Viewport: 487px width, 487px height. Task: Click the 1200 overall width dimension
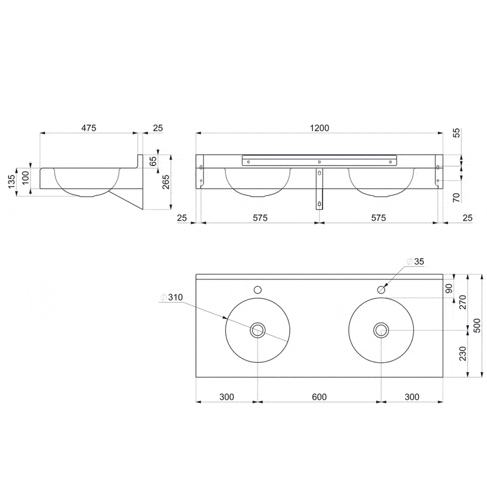tap(319, 128)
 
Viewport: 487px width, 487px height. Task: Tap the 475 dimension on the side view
tap(89, 128)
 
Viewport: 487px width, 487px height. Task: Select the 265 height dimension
tap(166, 182)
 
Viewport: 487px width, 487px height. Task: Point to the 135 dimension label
tap(11, 181)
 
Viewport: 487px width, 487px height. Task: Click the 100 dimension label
tap(26, 178)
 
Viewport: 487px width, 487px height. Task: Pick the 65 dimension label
tap(153, 161)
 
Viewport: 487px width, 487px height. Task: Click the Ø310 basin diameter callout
tap(172, 297)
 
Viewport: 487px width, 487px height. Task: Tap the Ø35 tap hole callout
tap(415, 262)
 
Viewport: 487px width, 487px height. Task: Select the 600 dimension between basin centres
tap(319, 397)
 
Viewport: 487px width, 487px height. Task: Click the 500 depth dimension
tap(478, 326)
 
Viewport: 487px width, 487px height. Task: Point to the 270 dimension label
tap(463, 302)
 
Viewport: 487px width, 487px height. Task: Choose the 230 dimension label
tap(463, 354)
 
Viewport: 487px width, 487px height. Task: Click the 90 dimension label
tap(449, 289)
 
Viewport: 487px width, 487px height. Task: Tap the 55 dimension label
tap(457, 133)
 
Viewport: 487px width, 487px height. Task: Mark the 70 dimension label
tap(457, 197)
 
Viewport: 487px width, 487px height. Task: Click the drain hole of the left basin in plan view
tap(258, 330)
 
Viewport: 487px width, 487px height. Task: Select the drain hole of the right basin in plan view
tap(381, 330)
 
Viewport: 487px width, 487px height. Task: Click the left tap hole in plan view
tap(258, 290)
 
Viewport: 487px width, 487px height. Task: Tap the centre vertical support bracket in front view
tap(319, 189)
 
